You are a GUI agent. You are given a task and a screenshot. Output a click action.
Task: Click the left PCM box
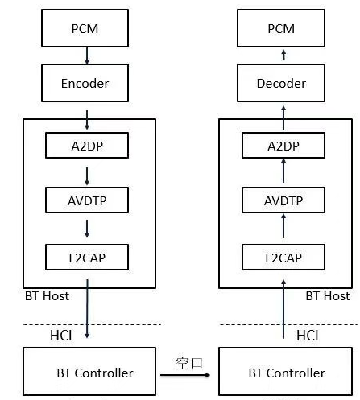(x=85, y=28)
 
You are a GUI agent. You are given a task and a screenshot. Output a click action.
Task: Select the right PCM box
(x=280, y=28)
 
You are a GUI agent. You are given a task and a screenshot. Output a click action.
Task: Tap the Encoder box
(x=85, y=83)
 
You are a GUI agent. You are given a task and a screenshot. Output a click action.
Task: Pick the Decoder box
(x=280, y=83)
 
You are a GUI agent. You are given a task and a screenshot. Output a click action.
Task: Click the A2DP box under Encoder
(x=85, y=146)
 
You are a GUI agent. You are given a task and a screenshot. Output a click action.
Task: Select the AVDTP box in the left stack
(x=85, y=200)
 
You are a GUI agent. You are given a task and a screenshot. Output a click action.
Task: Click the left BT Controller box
(x=90, y=373)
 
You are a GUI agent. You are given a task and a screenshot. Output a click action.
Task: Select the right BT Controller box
(x=286, y=373)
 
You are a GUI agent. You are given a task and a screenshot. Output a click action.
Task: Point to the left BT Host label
(x=47, y=296)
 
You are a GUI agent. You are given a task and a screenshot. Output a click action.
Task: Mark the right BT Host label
(x=327, y=296)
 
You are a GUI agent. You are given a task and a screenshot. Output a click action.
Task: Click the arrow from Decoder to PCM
(x=281, y=54)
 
